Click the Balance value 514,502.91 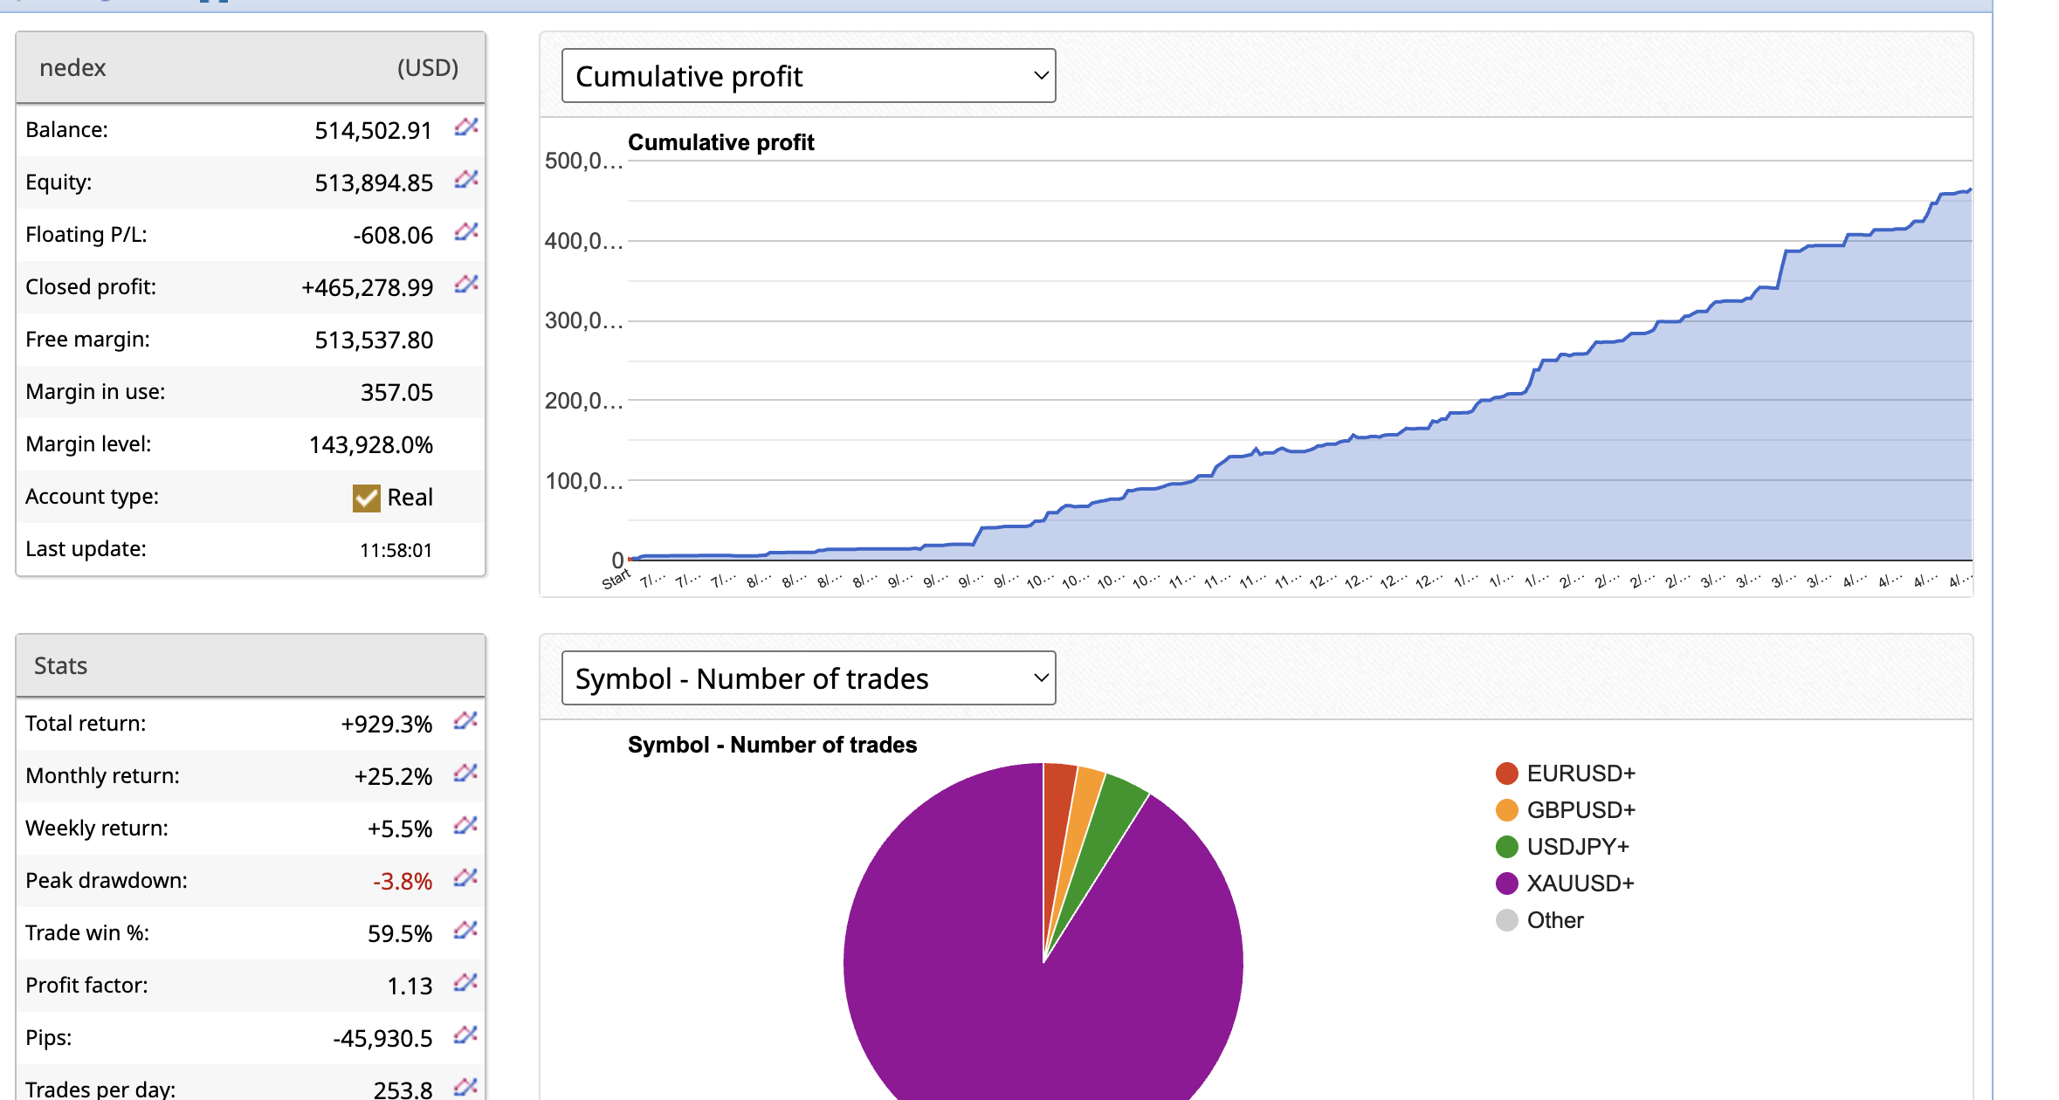373,131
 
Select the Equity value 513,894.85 373,183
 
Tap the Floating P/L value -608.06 393,236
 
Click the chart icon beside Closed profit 466,285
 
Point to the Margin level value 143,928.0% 370,445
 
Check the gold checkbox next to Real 366,498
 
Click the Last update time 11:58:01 396,550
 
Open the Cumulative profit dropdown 808,76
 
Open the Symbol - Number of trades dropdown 808,678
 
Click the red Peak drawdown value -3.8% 403,882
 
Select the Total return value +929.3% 386,725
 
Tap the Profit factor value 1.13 409,987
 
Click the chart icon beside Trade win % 465,931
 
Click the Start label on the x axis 616,579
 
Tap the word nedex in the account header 72,68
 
